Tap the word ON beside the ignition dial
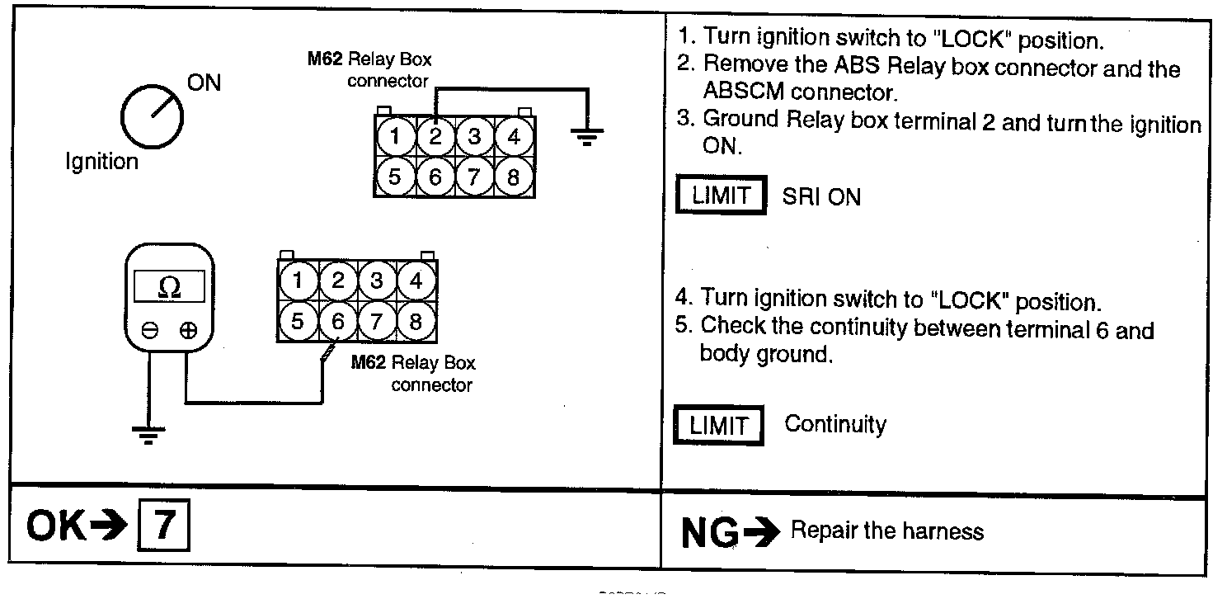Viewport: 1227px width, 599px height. [204, 83]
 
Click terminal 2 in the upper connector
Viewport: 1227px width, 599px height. [435, 137]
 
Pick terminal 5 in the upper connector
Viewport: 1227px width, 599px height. [396, 176]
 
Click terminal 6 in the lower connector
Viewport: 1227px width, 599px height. [336, 320]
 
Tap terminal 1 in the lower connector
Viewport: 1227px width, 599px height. [297, 281]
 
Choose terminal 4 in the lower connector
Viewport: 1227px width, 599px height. [416, 281]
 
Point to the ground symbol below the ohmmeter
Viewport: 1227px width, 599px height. [148, 433]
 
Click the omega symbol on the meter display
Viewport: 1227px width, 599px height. [168, 286]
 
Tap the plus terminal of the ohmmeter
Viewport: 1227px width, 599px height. [188, 331]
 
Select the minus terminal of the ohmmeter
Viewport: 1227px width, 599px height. [149, 331]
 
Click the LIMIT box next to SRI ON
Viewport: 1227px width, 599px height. [722, 196]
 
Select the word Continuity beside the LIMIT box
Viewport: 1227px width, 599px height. [835, 425]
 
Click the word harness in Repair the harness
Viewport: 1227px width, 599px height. [947, 531]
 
